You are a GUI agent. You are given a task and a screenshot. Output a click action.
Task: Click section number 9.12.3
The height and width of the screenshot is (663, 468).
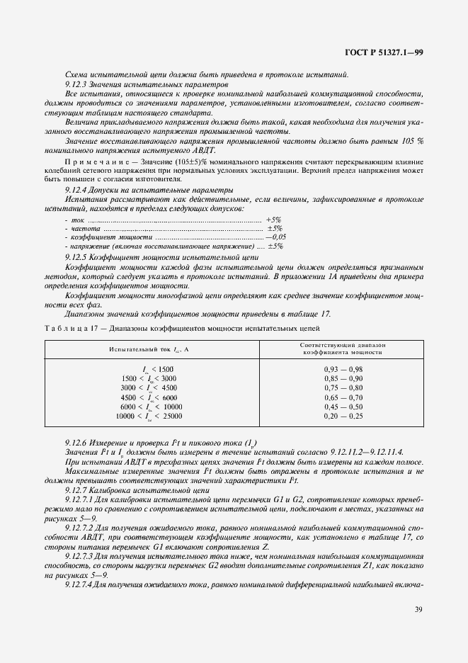click(77, 84)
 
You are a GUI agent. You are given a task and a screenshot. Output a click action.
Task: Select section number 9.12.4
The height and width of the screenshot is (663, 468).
click(77, 190)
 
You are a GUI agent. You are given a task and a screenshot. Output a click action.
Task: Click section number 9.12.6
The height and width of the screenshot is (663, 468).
click(77, 441)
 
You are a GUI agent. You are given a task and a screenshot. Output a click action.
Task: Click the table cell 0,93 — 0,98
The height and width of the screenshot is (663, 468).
click(343, 370)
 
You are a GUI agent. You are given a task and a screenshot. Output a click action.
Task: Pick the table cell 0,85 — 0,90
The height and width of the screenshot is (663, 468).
click(343, 379)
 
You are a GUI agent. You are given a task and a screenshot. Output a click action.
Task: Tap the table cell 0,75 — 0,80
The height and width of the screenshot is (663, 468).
click(343, 388)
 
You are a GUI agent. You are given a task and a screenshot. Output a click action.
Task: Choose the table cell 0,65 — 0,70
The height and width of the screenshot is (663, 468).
click(343, 398)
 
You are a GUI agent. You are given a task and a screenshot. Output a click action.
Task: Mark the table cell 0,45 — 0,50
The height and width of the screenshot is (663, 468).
click(343, 407)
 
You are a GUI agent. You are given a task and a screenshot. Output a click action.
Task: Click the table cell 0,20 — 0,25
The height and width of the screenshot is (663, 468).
click(343, 416)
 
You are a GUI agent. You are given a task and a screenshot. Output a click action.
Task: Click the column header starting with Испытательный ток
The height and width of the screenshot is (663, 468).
click(149, 350)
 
